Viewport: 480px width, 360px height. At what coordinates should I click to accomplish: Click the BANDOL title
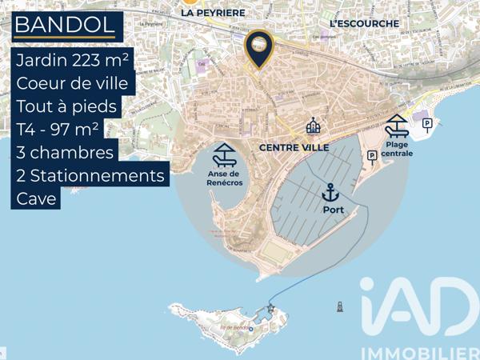tap(64, 25)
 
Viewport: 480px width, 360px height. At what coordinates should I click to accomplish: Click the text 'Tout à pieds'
tap(66, 106)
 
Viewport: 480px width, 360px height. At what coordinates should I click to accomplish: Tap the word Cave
tap(36, 198)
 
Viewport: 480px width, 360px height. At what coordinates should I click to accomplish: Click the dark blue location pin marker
tap(258, 49)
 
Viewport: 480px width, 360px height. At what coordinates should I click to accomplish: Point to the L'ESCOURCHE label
tap(364, 24)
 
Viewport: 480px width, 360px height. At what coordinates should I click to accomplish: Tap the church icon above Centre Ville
tap(313, 126)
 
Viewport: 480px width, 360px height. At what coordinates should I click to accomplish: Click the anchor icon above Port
tap(330, 192)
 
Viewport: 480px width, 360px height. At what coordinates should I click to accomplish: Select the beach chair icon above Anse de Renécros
tap(223, 153)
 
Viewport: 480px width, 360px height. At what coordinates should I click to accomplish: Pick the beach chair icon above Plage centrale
tap(396, 126)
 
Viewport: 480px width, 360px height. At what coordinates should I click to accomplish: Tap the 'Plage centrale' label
tap(397, 148)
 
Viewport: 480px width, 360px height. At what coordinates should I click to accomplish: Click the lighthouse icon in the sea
tap(340, 306)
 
